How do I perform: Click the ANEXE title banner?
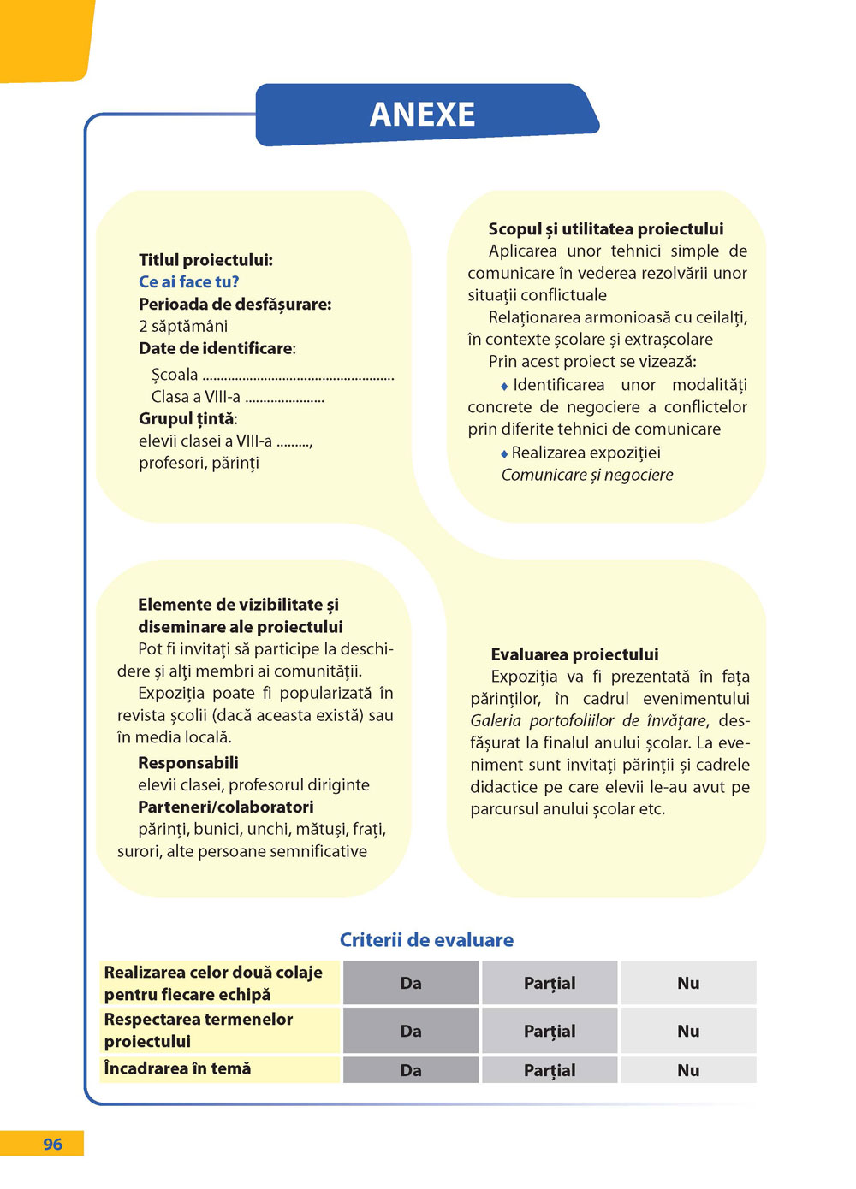click(x=423, y=115)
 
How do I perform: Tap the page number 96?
click(x=52, y=1144)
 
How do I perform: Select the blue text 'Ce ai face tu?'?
click(x=188, y=281)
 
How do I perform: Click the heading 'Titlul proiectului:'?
click(x=205, y=259)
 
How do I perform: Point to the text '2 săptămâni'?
click(x=183, y=326)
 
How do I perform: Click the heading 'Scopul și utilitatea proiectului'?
click(x=605, y=228)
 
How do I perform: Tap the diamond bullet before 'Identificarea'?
click(x=504, y=387)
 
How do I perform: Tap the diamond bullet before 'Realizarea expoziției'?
click(x=504, y=453)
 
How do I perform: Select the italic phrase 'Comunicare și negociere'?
click(x=587, y=475)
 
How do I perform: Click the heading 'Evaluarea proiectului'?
click(x=574, y=654)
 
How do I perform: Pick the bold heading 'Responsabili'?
click(x=188, y=762)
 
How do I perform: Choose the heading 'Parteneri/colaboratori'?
click(x=226, y=807)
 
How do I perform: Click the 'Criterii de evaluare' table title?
click(x=426, y=939)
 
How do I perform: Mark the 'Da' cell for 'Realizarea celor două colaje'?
click(x=411, y=983)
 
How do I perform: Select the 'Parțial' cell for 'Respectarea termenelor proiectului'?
click(x=550, y=1031)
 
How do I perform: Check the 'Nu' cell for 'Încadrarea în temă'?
click(x=688, y=1070)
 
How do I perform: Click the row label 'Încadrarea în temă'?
click(x=177, y=1068)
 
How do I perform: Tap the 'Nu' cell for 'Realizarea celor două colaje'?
click(x=688, y=983)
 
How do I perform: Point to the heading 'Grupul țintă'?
click(x=187, y=418)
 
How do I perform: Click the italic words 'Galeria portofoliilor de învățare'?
click(x=589, y=720)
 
